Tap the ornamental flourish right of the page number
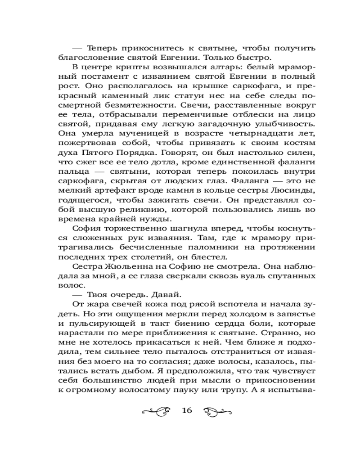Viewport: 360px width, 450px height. [x=218, y=410]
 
